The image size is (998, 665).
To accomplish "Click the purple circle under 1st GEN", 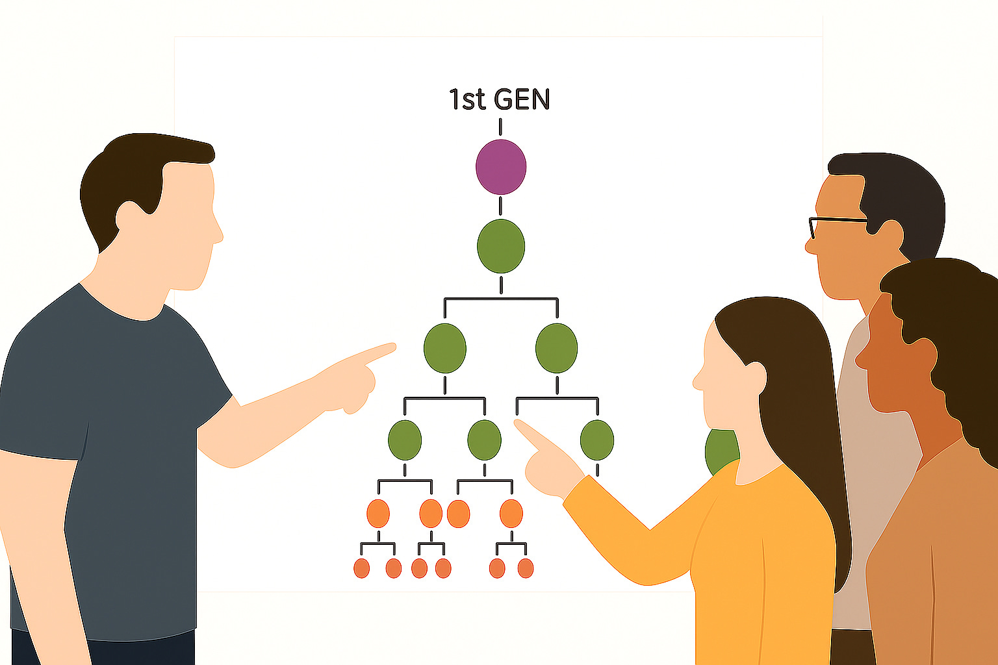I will tap(500, 167).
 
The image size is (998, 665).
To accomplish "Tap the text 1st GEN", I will tap(499, 99).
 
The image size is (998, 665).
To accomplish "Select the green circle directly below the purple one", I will tap(500, 246).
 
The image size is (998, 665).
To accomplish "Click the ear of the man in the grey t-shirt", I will tap(130, 214).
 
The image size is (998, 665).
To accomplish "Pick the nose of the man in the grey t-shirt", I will tap(218, 234).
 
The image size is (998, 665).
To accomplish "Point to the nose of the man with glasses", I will tap(810, 246).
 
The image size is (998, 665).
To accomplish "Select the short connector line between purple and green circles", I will tap(500, 206).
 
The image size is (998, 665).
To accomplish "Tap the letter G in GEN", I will tap(505, 99).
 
